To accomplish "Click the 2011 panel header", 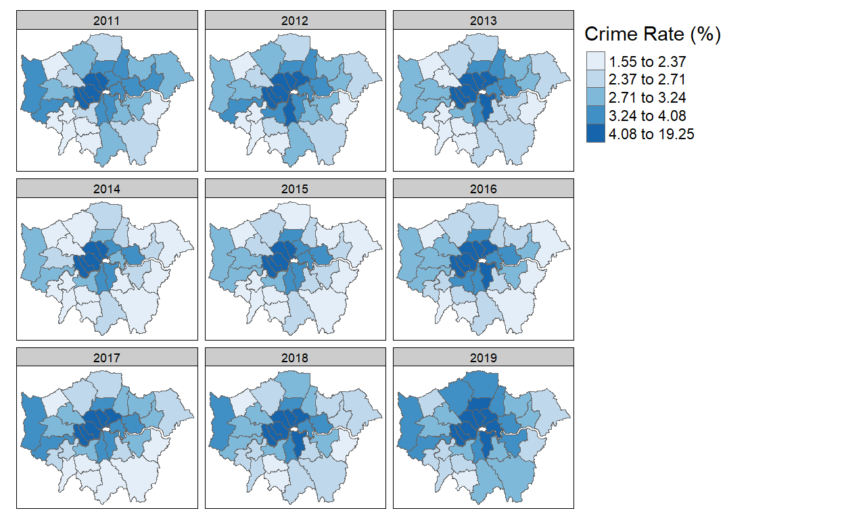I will click(x=107, y=20).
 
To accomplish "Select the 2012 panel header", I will click(x=295, y=20).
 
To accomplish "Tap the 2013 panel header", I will click(x=483, y=20).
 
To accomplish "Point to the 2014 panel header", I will click(x=107, y=189).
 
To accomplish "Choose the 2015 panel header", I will click(x=295, y=189).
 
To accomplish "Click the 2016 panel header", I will click(x=483, y=189).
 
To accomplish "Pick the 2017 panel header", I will click(x=107, y=357).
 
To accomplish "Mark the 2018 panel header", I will click(x=295, y=357).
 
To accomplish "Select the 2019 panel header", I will click(x=483, y=357).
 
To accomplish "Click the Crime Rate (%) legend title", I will click(x=652, y=34).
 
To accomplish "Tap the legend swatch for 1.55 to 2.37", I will click(x=595, y=62).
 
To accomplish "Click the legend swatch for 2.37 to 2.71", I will click(x=595, y=80).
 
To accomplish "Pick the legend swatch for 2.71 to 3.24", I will click(x=595, y=98).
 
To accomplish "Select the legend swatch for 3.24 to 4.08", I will click(x=595, y=116).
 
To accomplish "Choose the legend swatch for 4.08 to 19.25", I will click(x=595, y=134).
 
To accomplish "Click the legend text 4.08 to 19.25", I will click(x=651, y=134).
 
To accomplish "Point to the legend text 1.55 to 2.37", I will click(x=647, y=62).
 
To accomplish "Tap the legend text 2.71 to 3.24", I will click(x=647, y=98).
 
